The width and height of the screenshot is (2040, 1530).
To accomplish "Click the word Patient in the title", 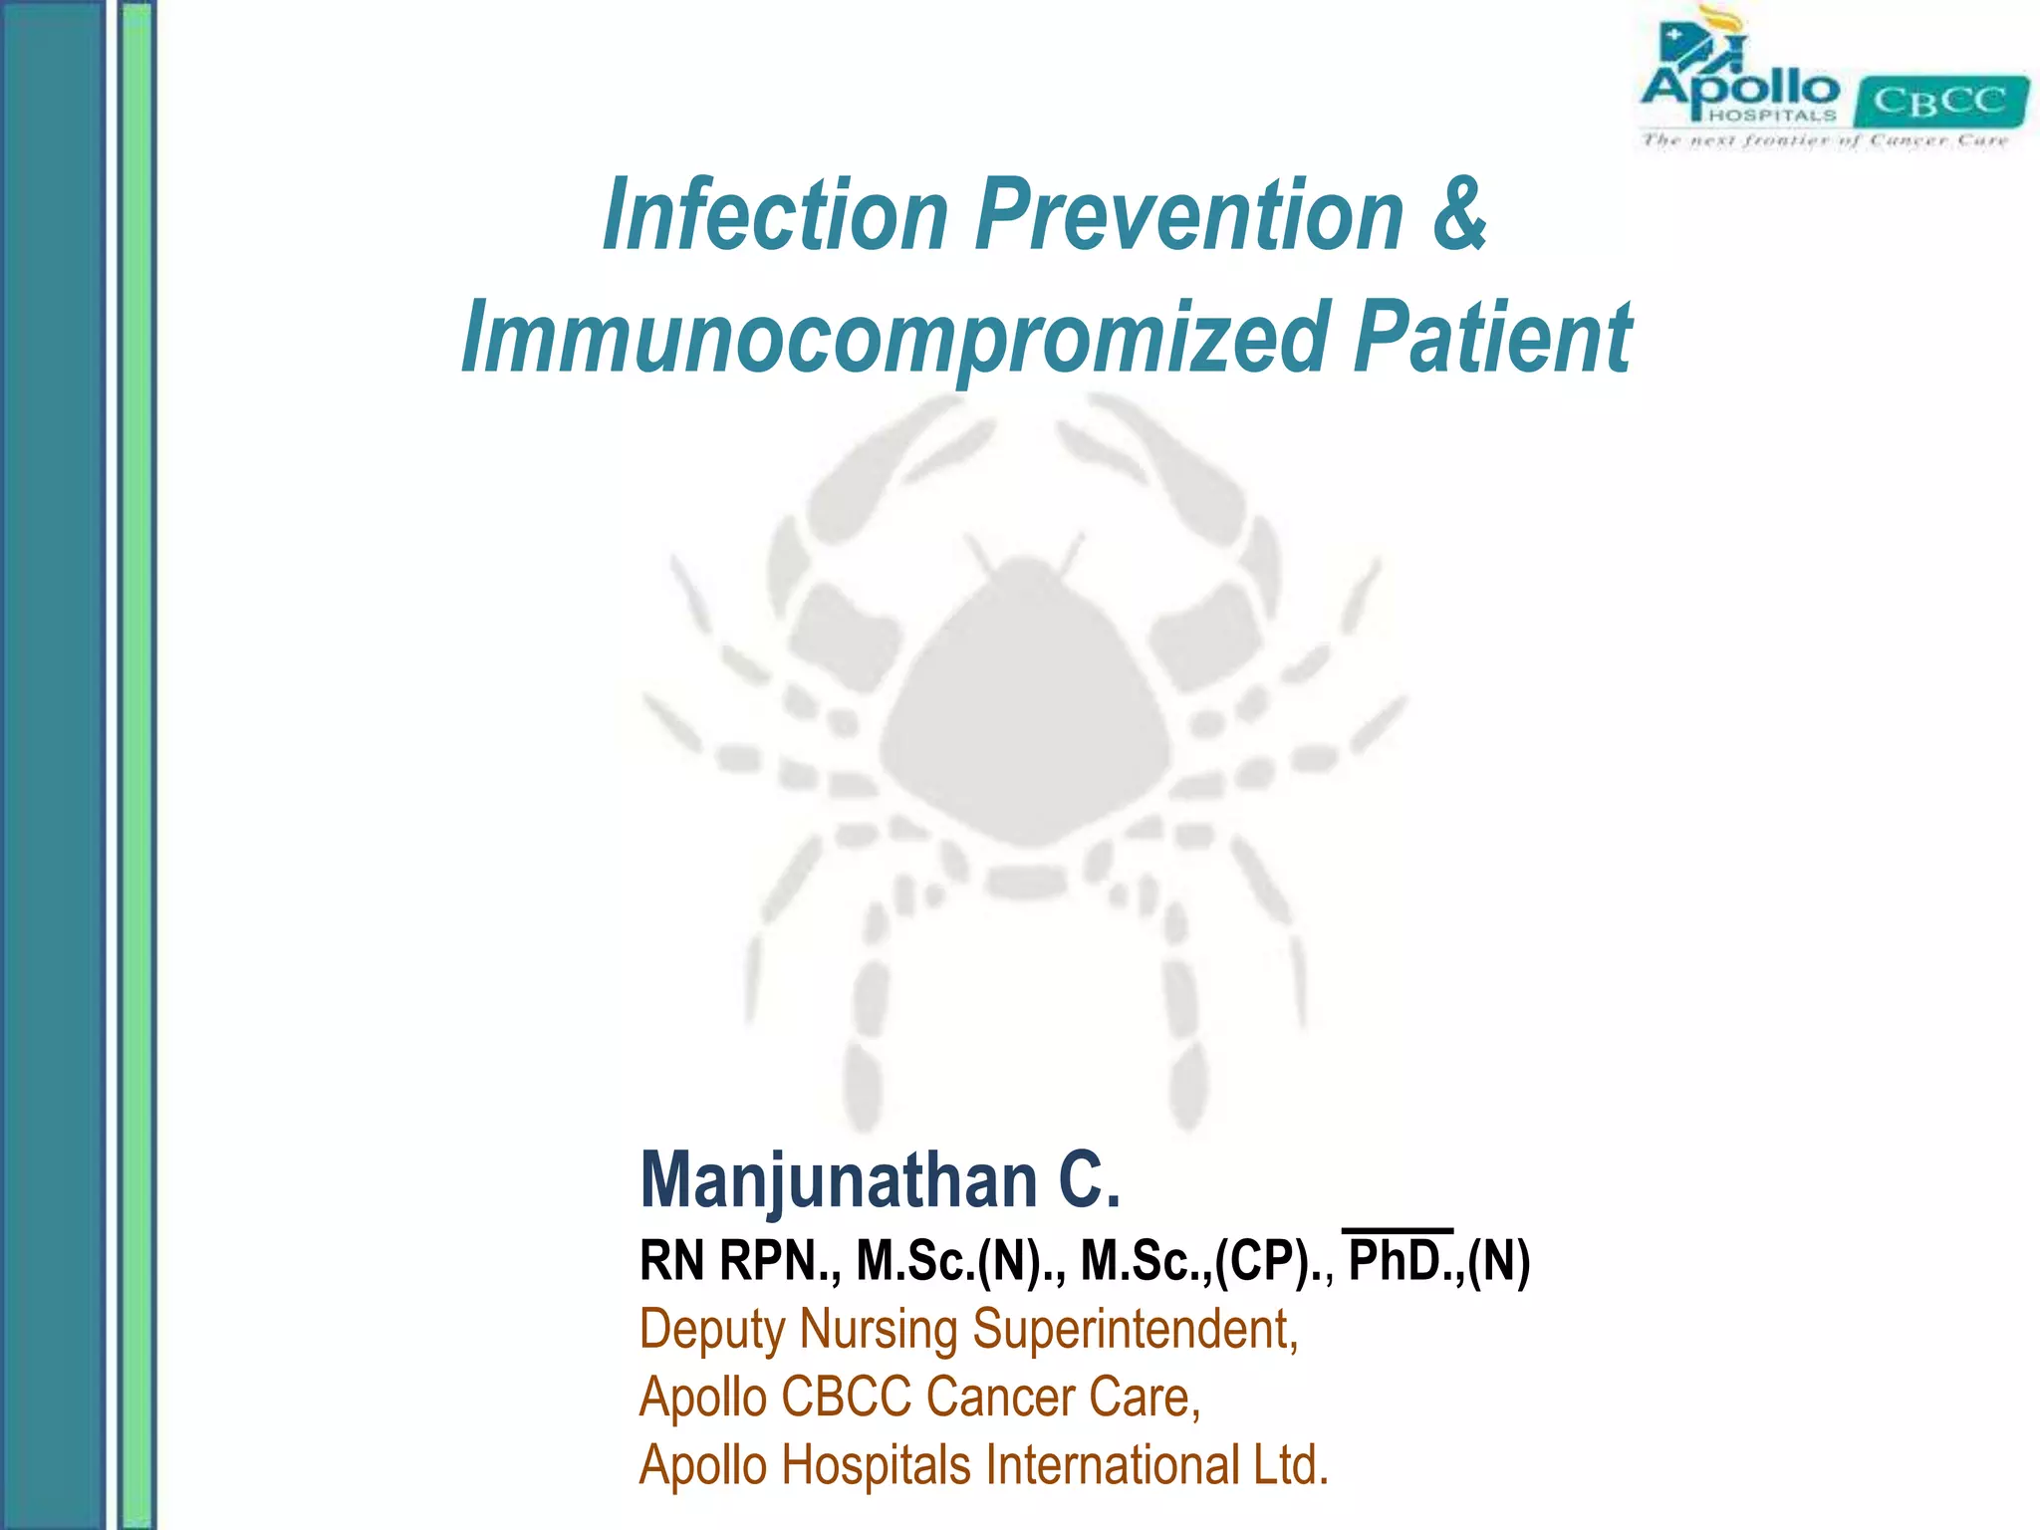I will point(1491,339).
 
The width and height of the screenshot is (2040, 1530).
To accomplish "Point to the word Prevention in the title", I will point(1189,215).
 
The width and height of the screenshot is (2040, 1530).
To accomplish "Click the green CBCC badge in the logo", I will point(1939,102).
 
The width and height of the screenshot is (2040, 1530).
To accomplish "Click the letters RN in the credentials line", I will point(672,1261).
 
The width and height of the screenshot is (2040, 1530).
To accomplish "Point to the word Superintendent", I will point(1136,1330).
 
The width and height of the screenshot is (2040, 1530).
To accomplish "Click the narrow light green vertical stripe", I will point(137,765).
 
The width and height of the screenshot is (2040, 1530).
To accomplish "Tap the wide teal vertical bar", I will point(52,765).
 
